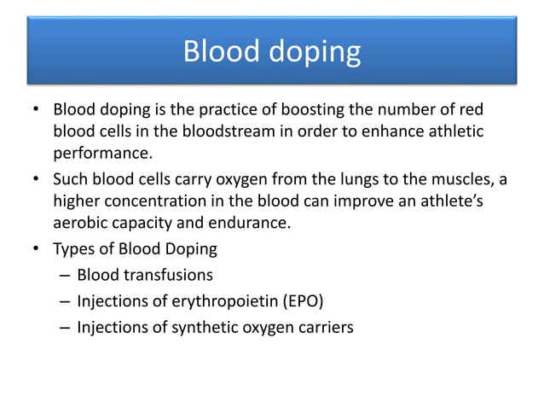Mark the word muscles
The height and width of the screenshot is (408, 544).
pos(451,180)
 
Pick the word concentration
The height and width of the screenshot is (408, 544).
pos(150,202)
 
